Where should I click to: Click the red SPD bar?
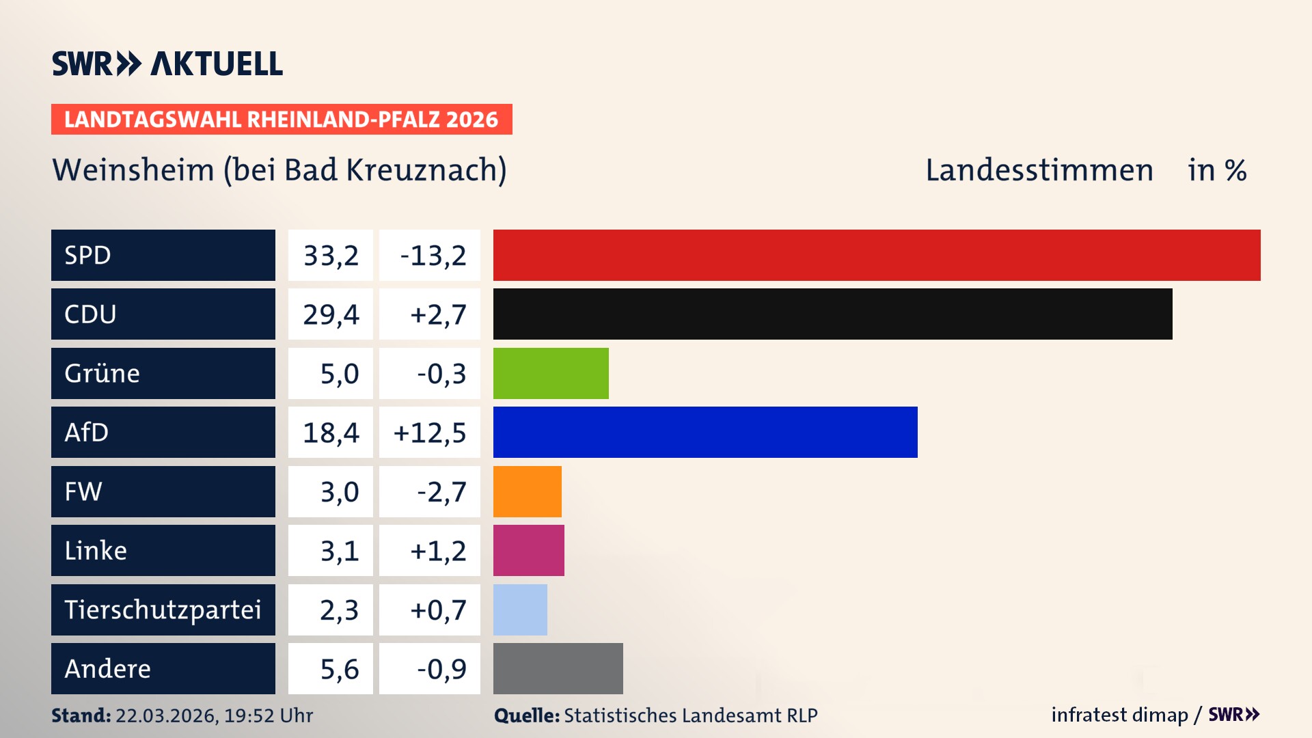(877, 255)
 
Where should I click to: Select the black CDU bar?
(832, 314)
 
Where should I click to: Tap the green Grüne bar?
(551, 373)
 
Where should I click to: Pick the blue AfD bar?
(705, 432)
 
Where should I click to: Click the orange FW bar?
(527, 491)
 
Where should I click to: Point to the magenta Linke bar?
(528, 550)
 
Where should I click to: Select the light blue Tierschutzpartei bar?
(520, 610)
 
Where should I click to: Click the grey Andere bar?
(558, 668)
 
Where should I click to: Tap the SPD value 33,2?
(331, 256)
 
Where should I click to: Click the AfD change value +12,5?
(430, 433)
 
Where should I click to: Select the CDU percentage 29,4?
(331, 314)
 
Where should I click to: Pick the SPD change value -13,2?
(433, 256)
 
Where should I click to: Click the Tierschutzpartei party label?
(163, 610)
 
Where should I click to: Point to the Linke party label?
(96, 550)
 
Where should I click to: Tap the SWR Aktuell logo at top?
(167, 64)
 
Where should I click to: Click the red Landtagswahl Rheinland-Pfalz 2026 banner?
(281, 119)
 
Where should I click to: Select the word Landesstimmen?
(1039, 170)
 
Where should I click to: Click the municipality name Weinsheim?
(133, 170)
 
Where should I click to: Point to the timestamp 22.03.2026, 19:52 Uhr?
(214, 715)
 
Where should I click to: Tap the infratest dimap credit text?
(1119, 715)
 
